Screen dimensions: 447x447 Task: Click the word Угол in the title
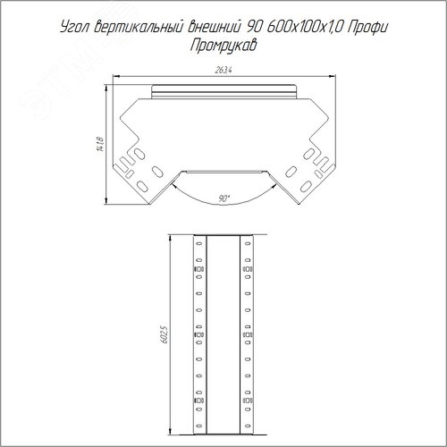click(x=75, y=28)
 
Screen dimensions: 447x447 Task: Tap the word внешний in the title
click(x=214, y=27)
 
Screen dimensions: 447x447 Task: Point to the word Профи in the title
click(x=367, y=27)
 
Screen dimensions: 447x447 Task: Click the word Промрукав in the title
click(x=223, y=46)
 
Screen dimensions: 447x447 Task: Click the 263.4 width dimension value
click(x=223, y=71)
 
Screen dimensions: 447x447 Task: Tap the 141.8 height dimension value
click(x=101, y=144)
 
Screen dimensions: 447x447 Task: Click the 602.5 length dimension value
click(x=164, y=334)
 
